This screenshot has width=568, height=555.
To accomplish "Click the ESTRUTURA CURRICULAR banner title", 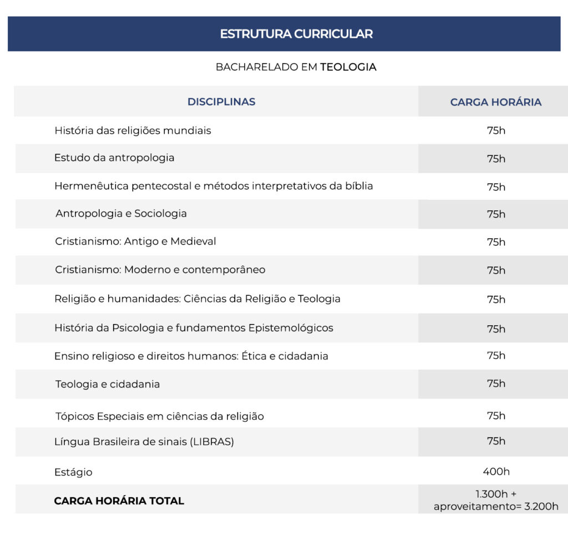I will [296, 34].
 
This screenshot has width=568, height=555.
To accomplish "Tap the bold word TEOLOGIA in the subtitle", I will [348, 67].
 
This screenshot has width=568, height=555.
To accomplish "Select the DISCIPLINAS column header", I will [221, 102].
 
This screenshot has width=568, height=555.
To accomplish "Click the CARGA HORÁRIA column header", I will [495, 102].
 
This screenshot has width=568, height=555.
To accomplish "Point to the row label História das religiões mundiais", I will [133, 130].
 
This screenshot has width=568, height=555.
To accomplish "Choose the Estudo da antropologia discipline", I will [114, 158].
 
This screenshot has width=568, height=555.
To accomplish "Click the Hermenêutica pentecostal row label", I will [214, 186].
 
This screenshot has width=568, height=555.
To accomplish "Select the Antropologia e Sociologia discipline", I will [121, 214].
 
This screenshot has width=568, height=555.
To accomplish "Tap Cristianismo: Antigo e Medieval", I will [135, 241].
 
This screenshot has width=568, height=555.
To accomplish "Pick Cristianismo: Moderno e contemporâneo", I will [160, 270].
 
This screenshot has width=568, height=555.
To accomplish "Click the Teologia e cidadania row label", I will [108, 384].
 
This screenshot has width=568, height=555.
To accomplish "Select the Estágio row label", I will [73, 472].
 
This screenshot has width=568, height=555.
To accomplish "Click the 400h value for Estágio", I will [496, 472].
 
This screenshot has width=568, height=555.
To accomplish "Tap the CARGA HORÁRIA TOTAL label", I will [119, 501].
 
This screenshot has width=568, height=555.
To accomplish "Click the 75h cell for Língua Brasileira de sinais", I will [496, 441].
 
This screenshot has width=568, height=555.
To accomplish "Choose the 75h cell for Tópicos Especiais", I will [496, 415].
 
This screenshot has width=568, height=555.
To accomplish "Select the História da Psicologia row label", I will [194, 327].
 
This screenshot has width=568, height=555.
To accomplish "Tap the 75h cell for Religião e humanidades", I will [496, 299].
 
